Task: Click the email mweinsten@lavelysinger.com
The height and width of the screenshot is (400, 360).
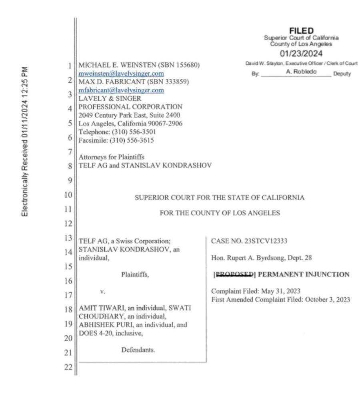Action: (x=122, y=74)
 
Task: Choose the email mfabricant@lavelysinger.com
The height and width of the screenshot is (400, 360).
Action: (x=121, y=90)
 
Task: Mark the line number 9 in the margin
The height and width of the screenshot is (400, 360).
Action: (x=70, y=180)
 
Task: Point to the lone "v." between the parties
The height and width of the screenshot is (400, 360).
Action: (x=103, y=292)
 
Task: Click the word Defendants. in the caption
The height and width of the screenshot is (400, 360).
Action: (x=138, y=350)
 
